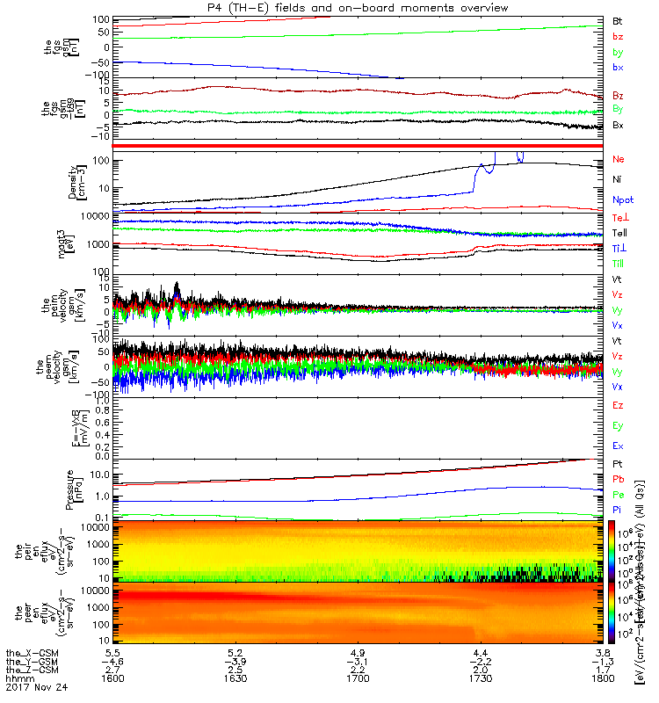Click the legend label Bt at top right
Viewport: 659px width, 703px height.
(618, 19)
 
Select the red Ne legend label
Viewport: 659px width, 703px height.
(619, 159)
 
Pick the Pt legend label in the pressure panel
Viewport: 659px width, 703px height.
(618, 463)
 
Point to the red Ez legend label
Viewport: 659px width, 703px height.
(618, 405)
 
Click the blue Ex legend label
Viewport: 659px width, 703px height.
(618, 446)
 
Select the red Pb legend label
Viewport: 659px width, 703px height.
(618, 478)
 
